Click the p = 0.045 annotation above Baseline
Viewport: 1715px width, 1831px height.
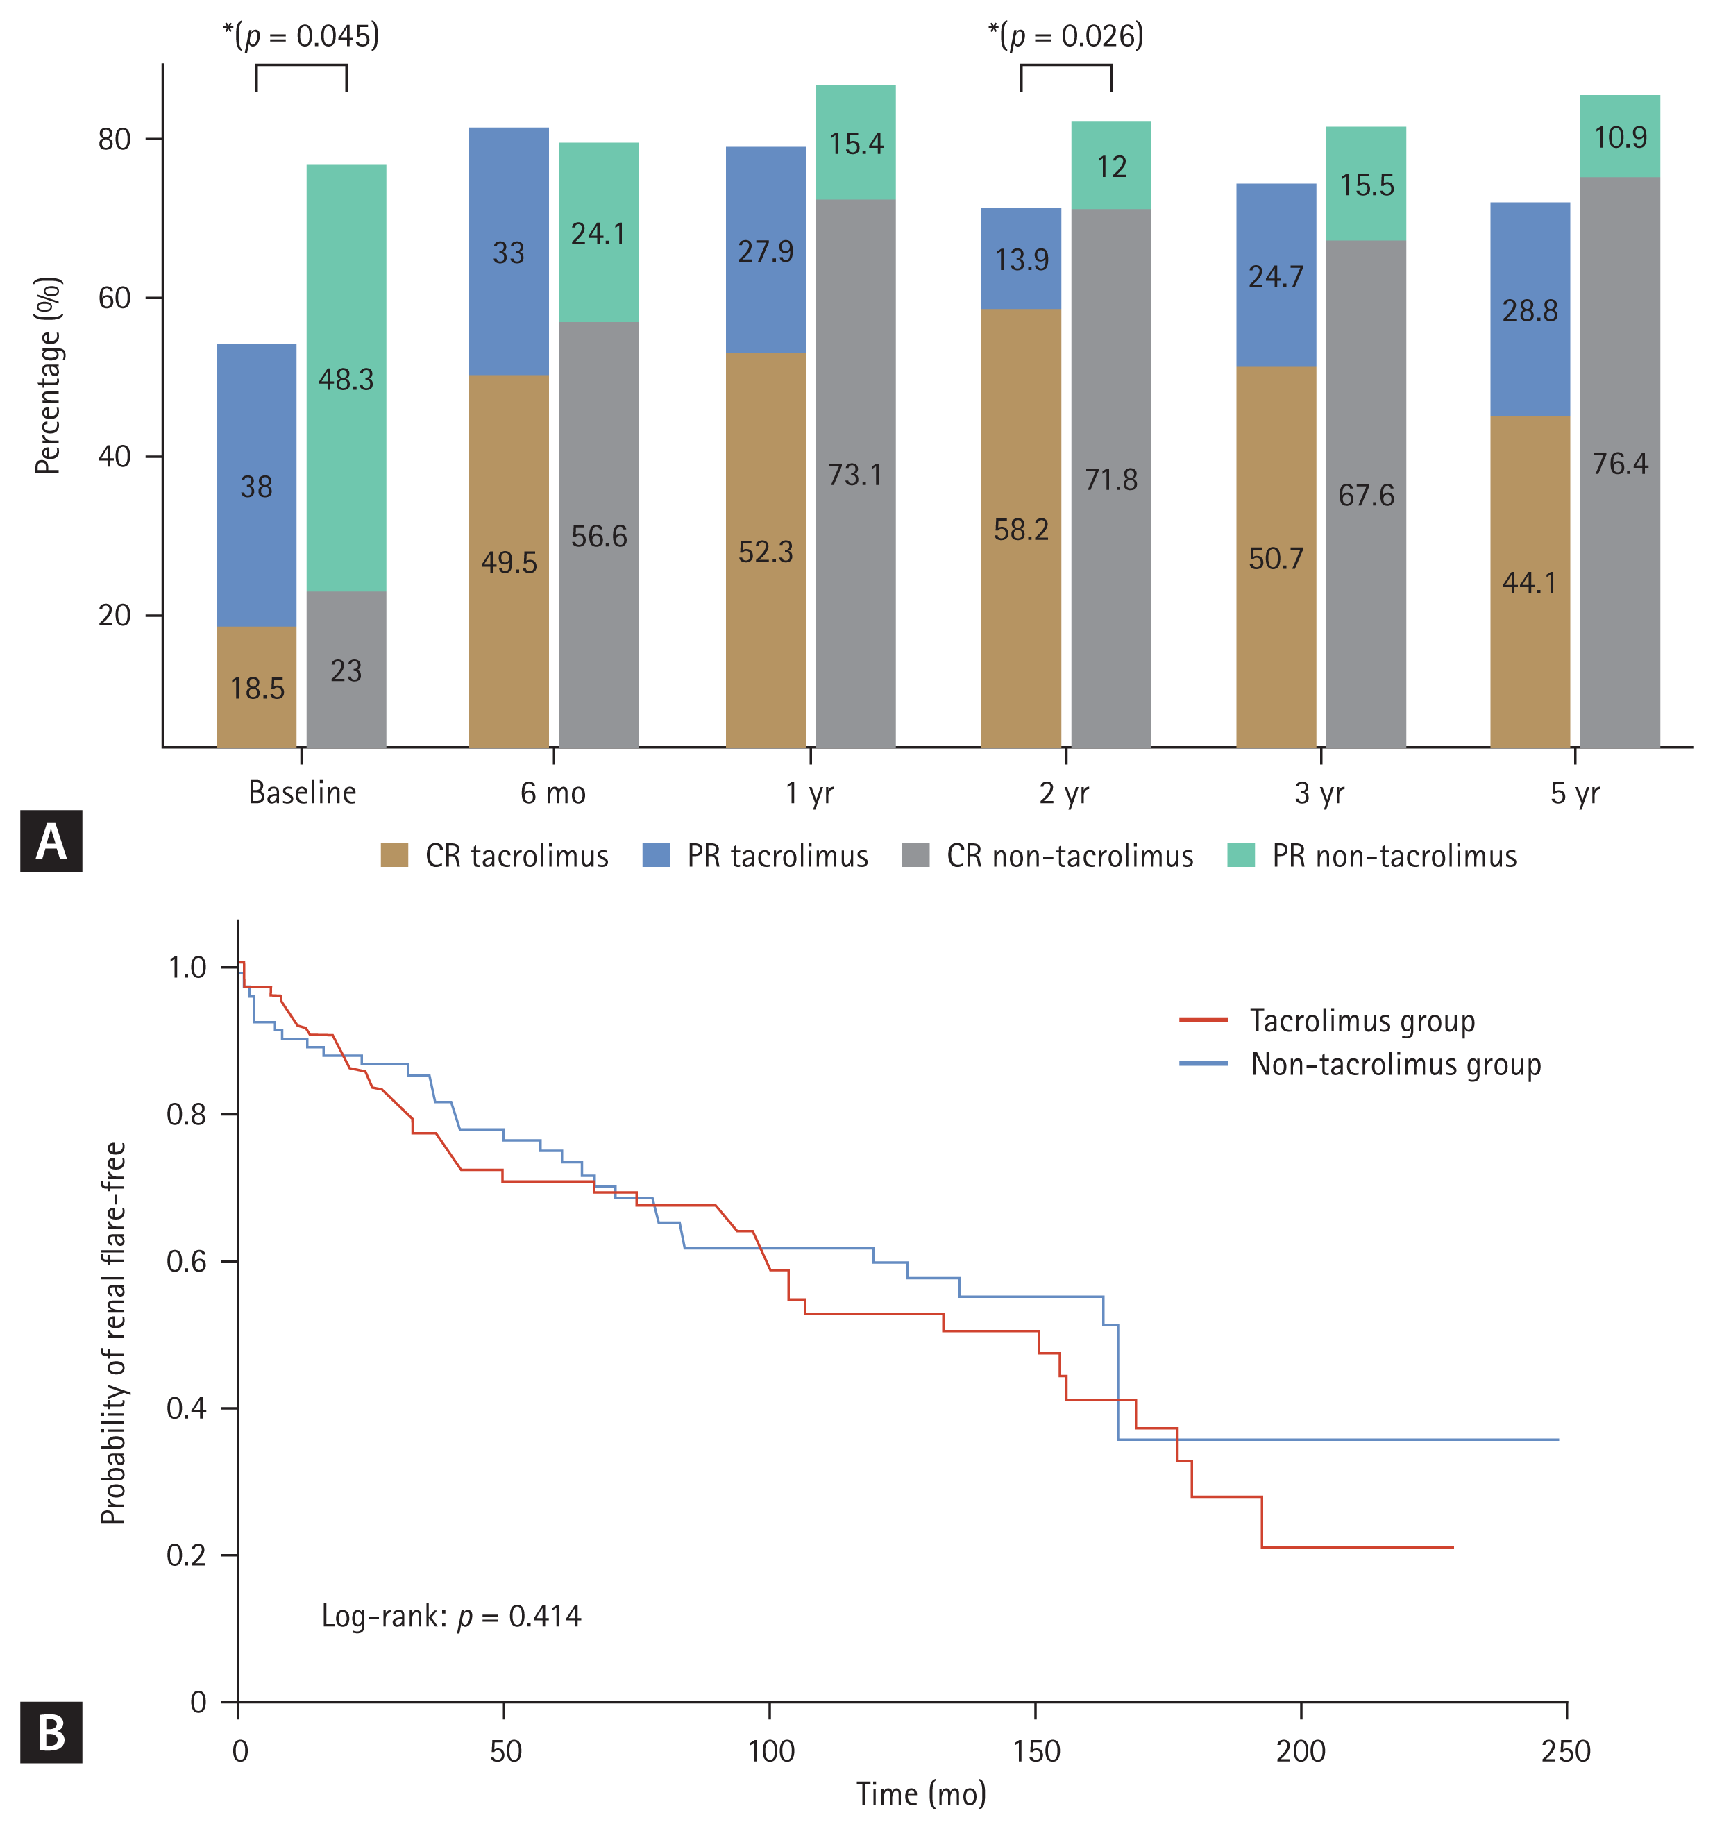pyautogui.click(x=301, y=36)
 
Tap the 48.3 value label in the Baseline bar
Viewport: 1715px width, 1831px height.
pyautogui.click(x=346, y=380)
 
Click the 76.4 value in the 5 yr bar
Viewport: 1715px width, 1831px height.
pyautogui.click(x=1620, y=463)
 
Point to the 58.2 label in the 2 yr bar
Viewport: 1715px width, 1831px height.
pyautogui.click(x=1020, y=530)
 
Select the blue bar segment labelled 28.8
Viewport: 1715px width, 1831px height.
pyautogui.click(x=1530, y=310)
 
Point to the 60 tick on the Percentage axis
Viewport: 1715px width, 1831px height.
pyautogui.click(x=115, y=298)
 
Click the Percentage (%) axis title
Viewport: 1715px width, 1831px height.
pyautogui.click(x=48, y=376)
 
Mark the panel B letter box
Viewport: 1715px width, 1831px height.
pyautogui.click(x=51, y=1732)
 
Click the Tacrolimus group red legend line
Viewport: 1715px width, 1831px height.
pyautogui.click(x=1203, y=1020)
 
